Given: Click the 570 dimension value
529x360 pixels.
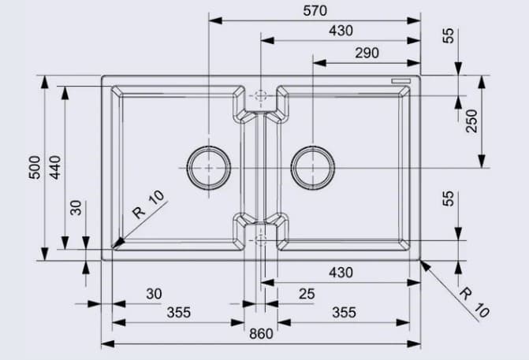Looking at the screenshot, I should pyautogui.click(x=315, y=10).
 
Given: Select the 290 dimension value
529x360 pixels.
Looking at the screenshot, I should pyautogui.click(x=367, y=53).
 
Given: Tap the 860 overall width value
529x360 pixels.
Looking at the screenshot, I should pyautogui.click(x=260, y=334).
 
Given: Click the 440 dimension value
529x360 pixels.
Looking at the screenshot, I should pyautogui.click(x=54, y=168).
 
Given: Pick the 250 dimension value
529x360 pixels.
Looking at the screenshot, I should pyautogui.click(x=471, y=121).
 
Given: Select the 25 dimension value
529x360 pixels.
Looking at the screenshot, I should pyautogui.click(x=307, y=294).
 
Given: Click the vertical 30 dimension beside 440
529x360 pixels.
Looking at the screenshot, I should pyautogui.click(x=76, y=207).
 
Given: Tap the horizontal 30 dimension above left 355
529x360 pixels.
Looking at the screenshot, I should pyautogui.click(x=154, y=294).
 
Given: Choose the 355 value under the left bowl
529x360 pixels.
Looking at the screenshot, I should pyautogui.click(x=178, y=312).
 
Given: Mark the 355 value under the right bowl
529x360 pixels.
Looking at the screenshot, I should pyautogui.click(x=343, y=312).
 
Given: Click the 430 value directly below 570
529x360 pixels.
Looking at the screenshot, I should pyautogui.click(x=341, y=31).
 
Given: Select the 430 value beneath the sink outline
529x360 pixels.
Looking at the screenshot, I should pyautogui.click(x=341, y=273).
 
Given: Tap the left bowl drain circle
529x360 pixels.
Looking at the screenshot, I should pyautogui.click(x=209, y=168).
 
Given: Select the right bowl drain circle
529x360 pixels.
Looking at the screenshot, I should pyautogui.click(x=313, y=168).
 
